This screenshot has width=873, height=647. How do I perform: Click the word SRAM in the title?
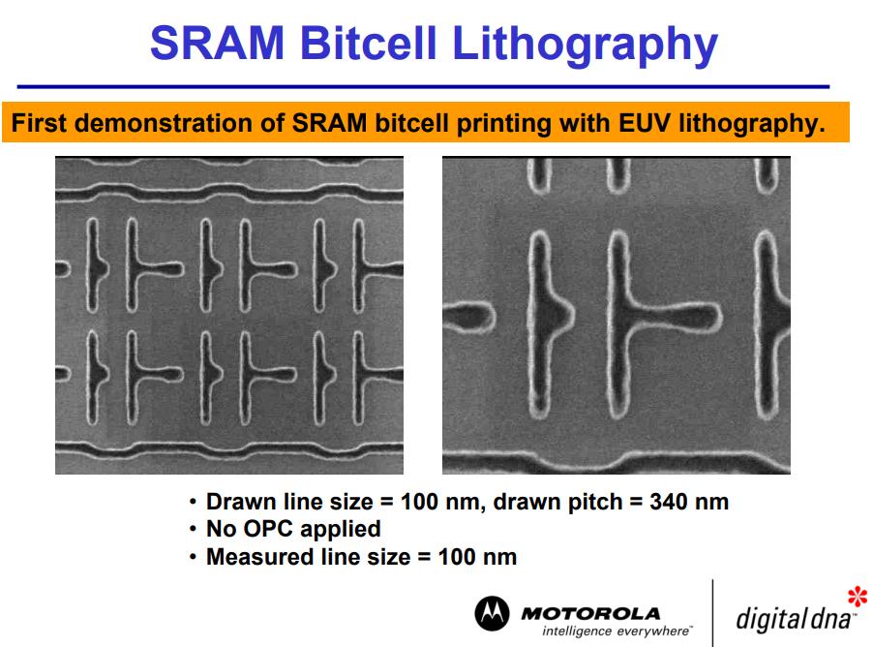point(217,43)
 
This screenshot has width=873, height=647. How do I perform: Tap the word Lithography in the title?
point(586,46)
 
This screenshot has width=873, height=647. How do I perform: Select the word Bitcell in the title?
point(368,43)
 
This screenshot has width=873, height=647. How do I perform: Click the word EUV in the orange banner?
point(647,123)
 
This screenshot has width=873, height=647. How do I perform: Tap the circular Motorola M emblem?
point(492,613)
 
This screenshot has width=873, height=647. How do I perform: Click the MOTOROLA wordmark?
point(590,614)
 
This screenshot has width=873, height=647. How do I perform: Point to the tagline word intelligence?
point(577,632)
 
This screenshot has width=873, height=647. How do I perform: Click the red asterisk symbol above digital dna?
point(858,597)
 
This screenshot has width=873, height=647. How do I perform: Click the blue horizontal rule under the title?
point(423,87)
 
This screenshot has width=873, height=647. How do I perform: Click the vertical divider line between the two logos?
point(712,613)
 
